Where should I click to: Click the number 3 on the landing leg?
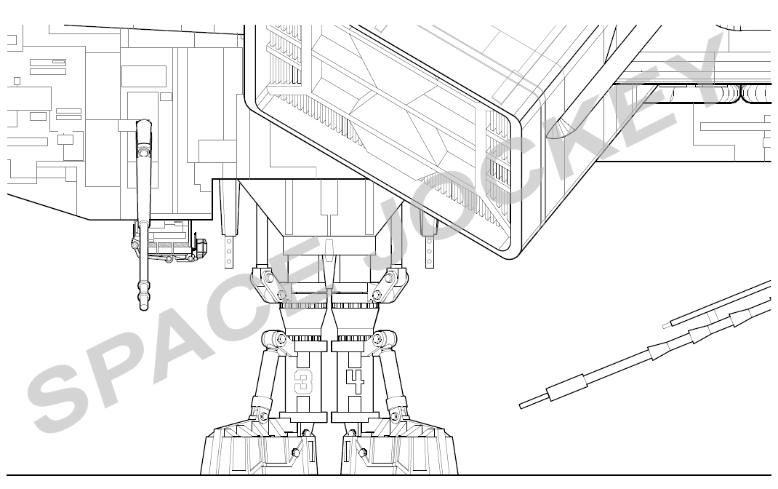301,381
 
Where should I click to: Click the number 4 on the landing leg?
356,381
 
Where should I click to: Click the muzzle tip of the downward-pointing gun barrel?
144,307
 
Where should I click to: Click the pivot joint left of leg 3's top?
274,339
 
